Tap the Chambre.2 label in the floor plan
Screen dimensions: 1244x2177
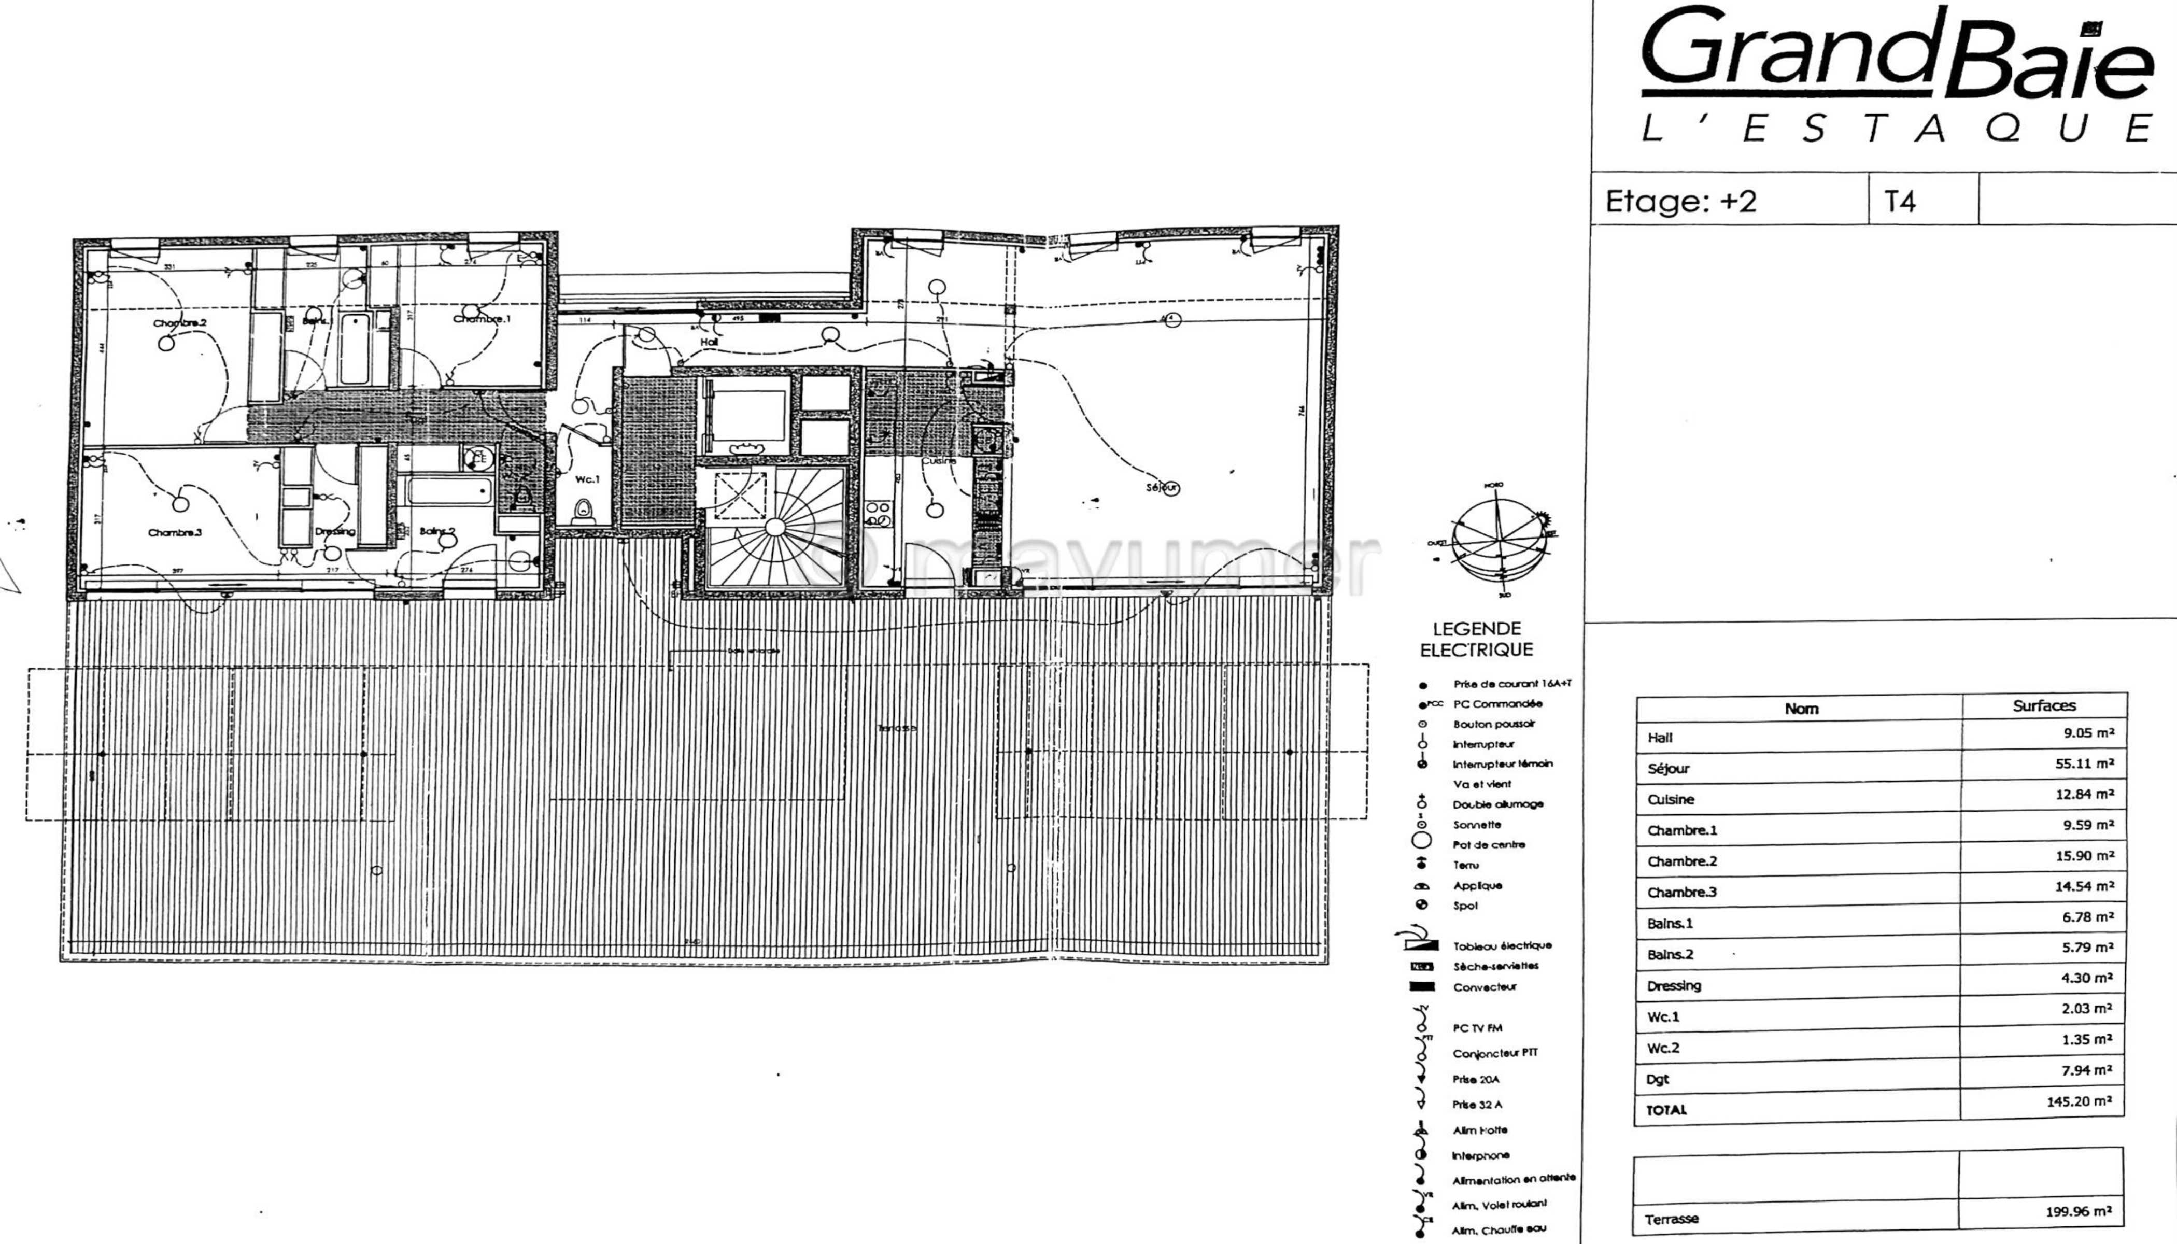(179, 323)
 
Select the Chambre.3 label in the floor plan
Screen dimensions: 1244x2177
(175, 532)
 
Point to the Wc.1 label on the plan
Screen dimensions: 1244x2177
(587, 479)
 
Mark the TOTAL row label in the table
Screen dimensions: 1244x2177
(1666, 1110)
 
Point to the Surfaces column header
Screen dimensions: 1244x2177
(2044, 706)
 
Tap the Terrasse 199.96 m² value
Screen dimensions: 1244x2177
(2078, 1211)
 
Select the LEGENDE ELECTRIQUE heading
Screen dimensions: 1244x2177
(1476, 639)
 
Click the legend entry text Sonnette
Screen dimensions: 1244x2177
(1476, 825)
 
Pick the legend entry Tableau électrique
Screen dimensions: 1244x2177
(1501, 946)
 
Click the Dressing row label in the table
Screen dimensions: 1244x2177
(1674, 986)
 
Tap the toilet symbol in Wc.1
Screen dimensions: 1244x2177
(584, 511)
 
